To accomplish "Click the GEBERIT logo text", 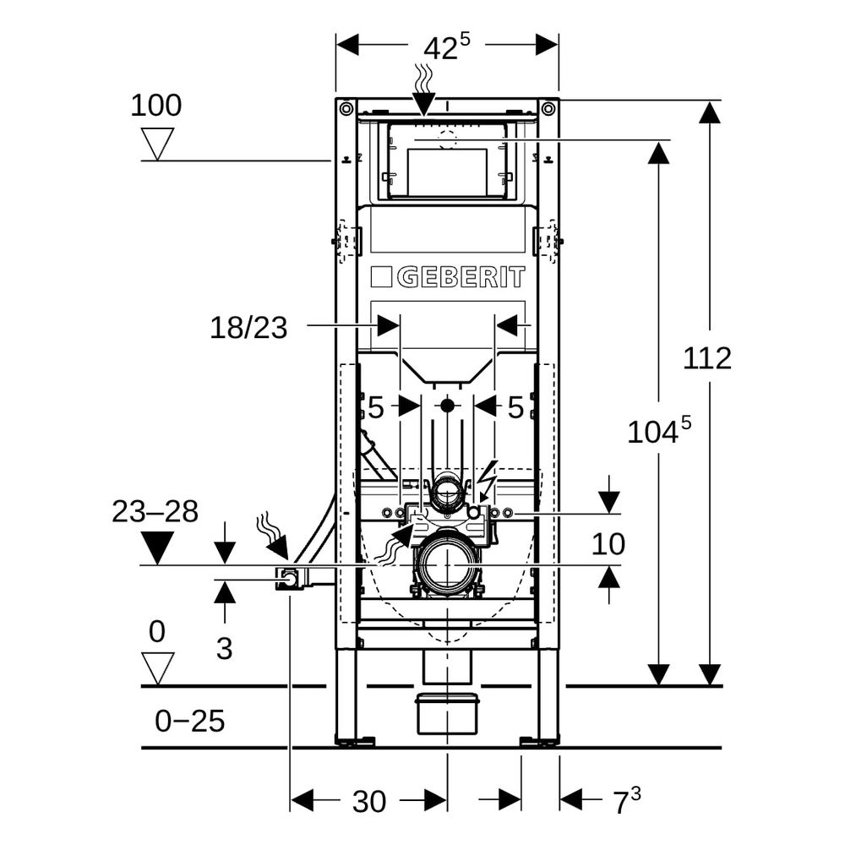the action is [x=461, y=277].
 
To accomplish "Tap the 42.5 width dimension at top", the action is [x=447, y=46].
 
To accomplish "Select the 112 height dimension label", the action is [x=707, y=357].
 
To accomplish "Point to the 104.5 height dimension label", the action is [x=659, y=430].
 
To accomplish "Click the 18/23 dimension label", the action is [x=248, y=328].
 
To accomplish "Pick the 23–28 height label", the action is [x=155, y=511].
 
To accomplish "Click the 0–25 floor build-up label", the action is [x=189, y=721].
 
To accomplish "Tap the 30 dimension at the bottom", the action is [x=369, y=801].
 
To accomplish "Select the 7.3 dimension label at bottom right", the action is [x=627, y=801].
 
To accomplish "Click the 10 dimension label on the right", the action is [x=608, y=544].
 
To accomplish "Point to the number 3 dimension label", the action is [x=224, y=648].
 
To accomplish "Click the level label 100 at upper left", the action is [x=156, y=105].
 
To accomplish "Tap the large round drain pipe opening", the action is [x=447, y=565].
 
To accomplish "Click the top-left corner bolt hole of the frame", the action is [x=346, y=109].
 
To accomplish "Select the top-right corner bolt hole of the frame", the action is [x=548, y=109].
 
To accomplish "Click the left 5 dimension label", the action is [x=376, y=407].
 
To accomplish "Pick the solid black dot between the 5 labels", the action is [x=447, y=406].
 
